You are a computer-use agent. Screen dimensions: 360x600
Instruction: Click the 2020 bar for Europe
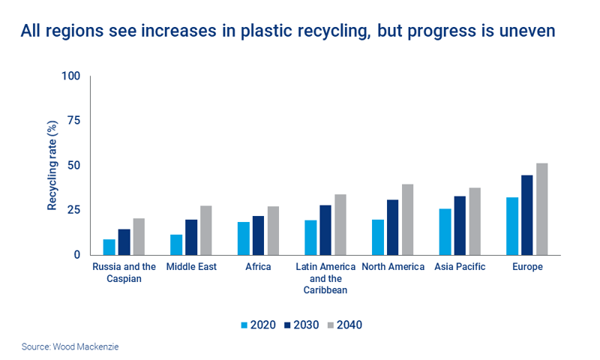pyautogui.click(x=513, y=226)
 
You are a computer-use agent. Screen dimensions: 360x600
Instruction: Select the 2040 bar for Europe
pyautogui.click(x=542, y=209)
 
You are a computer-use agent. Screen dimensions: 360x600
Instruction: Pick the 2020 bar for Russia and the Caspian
pyautogui.click(x=109, y=247)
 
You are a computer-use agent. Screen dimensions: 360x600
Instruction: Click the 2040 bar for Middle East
pyautogui.click(x=205, y=230)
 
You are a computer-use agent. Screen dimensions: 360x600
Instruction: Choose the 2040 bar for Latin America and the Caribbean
pyautogui.click(x=340, y=224)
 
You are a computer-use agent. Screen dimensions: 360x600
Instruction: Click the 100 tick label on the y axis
pyautogui.click(x=70, y=76)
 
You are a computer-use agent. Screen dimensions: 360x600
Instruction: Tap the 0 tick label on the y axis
pyautogui.click(x=76, y=255)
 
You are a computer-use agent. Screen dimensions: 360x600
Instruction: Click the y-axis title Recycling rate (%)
pyautogui.click(x=52, y=166)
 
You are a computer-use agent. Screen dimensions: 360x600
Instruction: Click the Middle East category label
pyautogui.click(x=191, y=267)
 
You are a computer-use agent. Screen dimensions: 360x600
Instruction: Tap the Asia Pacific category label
pyautogui.click(x=460, y=267)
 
